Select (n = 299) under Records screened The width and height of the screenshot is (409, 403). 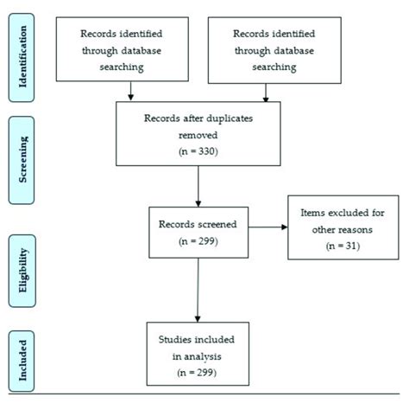click(x=198, y=243)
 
